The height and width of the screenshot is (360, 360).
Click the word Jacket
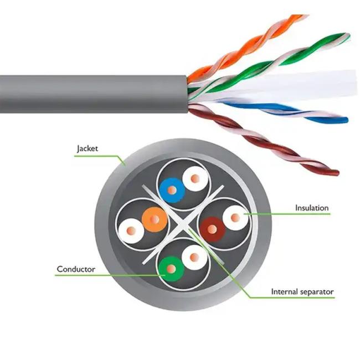coord(88,148)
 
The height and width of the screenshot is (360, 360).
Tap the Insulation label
coord(312,208)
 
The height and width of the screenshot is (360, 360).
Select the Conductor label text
coord(76,269)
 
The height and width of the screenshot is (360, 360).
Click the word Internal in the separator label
coord(284,291)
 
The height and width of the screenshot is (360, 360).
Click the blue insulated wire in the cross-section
coord(172,191)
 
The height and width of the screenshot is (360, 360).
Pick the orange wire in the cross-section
coord(155,220)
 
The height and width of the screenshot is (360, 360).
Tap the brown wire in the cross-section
coord(212,229)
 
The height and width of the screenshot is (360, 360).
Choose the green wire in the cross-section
coord(171,269)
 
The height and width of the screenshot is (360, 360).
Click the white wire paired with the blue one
coord(195,179)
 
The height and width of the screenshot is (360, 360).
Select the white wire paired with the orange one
coord(131,230)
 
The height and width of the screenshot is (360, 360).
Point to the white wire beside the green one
coord(194,258)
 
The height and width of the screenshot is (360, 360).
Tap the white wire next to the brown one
coord(235,218)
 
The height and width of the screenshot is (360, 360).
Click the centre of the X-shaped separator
coord(183,224)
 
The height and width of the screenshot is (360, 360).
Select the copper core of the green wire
coord(171,269)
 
